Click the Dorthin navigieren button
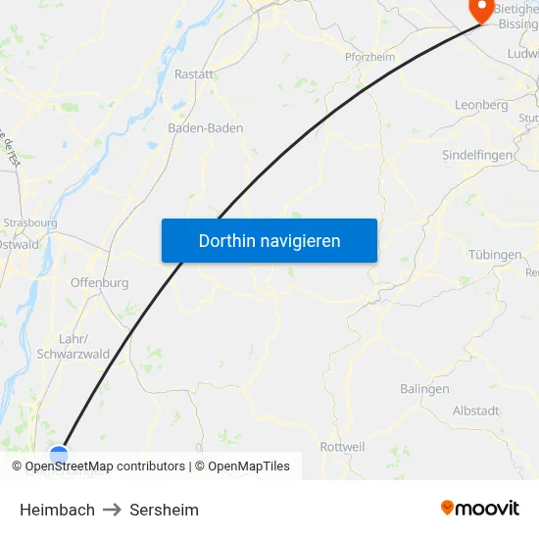[x=269, y=240]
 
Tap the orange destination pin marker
[x=481, y=10]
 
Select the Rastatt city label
[x=193, y=73]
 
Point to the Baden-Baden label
[x=206, y=128]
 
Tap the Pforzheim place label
[x=369, y=57]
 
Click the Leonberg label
[x=481, y=105]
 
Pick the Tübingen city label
[x=495, y=255]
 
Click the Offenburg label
[x=99, y=283]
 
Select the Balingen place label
[x=423, y=389]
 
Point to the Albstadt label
[x=475, y=411]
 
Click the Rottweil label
[x=342, y=447]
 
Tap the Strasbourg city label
[x=31, y=222]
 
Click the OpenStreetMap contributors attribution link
[x=105, y=466]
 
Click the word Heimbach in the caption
[x=57, y=510]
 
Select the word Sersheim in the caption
[x=164, y=510]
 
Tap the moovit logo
[x=479, y=508]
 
